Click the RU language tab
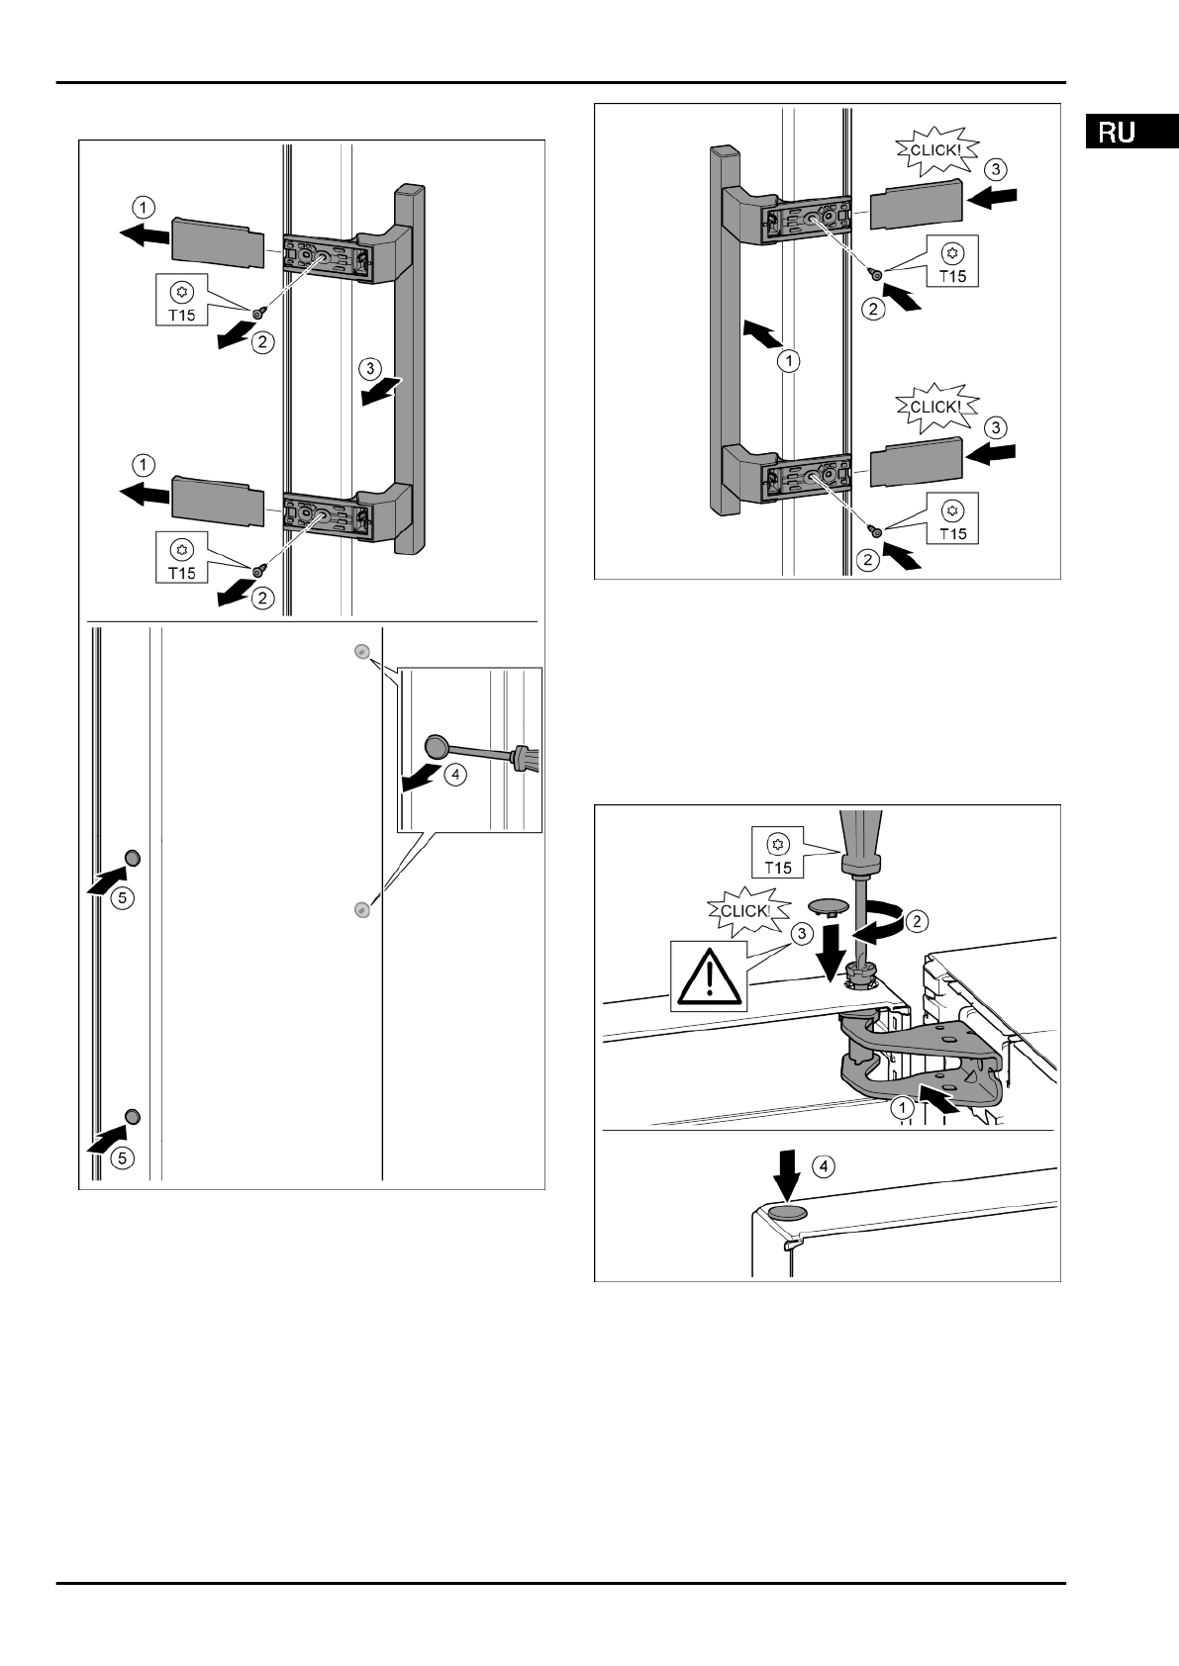tap(1117, 132)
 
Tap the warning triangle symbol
tap(709, 976)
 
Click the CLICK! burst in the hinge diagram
tap(744, 911)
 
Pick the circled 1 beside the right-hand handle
tap(788, 362)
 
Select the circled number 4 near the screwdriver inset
tap(454, 775)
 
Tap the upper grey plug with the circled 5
tap(133, 858)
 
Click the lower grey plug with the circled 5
tap(133, 1118)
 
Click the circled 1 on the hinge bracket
tap(902, 1109)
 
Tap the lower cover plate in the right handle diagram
tap(917, 461)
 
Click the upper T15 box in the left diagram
tap(182, 301)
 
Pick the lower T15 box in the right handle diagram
tap(952, 517)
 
